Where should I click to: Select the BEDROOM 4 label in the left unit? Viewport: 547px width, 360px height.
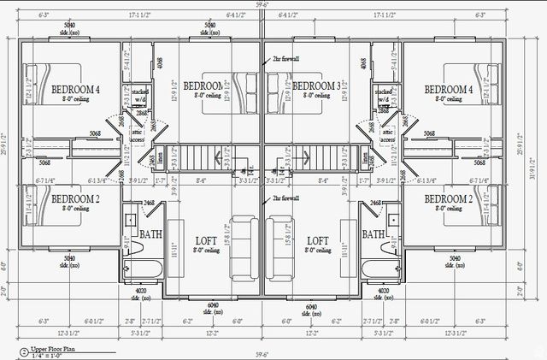[x=75, y=90]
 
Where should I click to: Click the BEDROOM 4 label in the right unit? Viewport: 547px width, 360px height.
[x=448, y=90]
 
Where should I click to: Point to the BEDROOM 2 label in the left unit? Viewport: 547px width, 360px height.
[x=75, y=199]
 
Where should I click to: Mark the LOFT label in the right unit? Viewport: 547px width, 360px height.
[x=318, y=241]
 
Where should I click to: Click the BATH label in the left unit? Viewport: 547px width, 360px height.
[x=151, y=234]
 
